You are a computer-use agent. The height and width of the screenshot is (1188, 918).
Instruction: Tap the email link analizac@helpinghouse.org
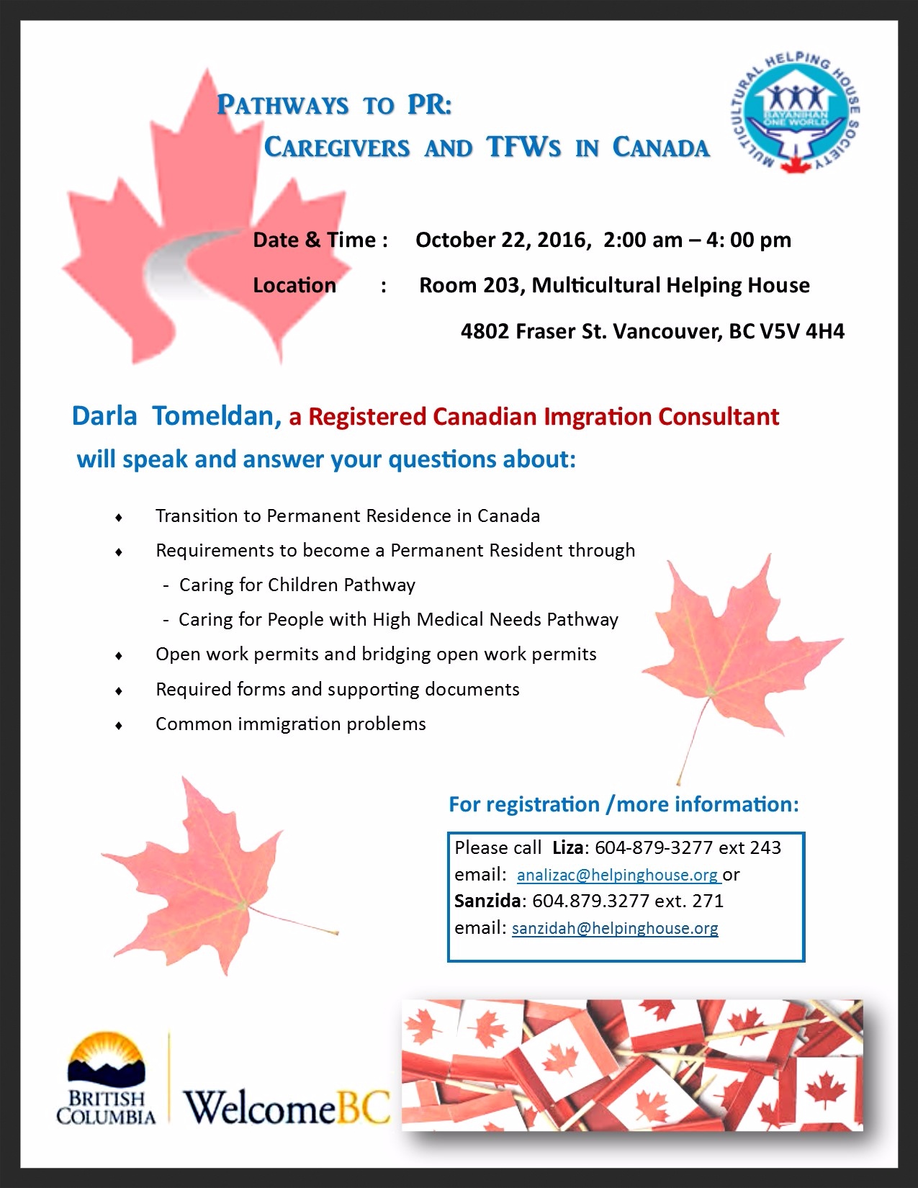point(618,875)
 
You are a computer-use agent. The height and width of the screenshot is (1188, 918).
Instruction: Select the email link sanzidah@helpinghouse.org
point(615,928)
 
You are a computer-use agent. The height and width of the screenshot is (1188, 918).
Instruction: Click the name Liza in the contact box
point(568,847)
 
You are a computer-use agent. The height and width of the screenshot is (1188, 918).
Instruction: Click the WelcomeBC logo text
point(287,1107)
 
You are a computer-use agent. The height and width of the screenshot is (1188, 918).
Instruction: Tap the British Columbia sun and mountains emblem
point(107,1058)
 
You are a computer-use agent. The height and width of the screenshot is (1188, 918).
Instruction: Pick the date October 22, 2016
point(502,240)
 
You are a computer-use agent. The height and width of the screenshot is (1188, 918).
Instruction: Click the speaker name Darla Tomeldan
point(176,416)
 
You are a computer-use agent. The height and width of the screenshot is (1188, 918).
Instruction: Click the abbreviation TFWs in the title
point(523,147)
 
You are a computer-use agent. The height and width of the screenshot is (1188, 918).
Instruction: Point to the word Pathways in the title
point(282,105)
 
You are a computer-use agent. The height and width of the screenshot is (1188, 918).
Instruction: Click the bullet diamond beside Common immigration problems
point(119,725)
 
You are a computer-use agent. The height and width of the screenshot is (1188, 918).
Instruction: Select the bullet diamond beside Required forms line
point(119,690)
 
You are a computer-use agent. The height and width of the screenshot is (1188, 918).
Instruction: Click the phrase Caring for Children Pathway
point(297,585)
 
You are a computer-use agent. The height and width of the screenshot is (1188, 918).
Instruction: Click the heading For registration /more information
point(624,804)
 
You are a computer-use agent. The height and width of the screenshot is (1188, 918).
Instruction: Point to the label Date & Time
point(320,240)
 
